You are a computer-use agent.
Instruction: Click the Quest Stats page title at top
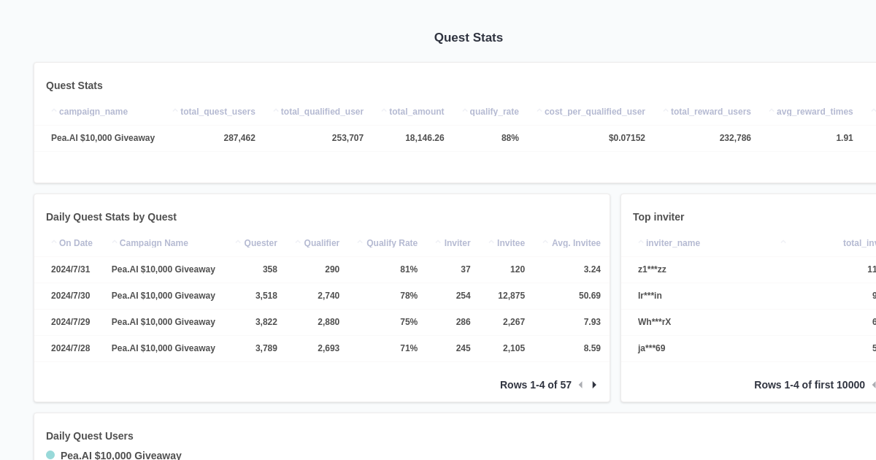pos(468,37)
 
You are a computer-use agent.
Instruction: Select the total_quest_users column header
pos(218,112)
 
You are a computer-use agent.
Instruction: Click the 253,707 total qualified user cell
pos(347,138)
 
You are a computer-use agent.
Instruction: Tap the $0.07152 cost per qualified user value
pos(626,138)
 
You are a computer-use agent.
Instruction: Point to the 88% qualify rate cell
pos(510,138)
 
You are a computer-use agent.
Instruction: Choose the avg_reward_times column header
pos(814,112)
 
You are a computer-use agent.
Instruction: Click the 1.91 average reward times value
pos(844,138)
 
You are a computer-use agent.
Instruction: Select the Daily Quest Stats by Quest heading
pos(111,217)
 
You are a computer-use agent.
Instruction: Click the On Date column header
pos(75,243)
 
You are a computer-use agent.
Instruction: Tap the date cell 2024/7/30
pos(71,296)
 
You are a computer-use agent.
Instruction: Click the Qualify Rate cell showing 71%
pos(408,348)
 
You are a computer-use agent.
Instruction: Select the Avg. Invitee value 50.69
pos(589,296)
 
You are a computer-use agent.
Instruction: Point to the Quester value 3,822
pos(266,322)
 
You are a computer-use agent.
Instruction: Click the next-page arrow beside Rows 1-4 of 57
pos(594,385)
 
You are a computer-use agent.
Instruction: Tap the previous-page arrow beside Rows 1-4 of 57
pos(580,385)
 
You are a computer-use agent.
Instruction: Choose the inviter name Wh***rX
pos(654,322)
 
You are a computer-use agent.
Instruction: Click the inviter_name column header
pos(672,243)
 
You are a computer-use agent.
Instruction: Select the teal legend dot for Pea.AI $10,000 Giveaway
pos(50,455)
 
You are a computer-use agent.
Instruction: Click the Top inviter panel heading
pos(658,217)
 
